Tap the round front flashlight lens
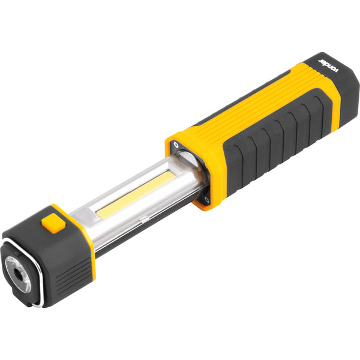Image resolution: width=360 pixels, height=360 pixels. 19,274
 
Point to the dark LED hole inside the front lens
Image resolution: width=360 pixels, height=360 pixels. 19,274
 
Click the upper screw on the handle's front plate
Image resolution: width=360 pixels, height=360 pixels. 176,145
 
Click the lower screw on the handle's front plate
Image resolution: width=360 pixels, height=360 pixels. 206,199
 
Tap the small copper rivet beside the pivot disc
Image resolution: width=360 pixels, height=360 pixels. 199,169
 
